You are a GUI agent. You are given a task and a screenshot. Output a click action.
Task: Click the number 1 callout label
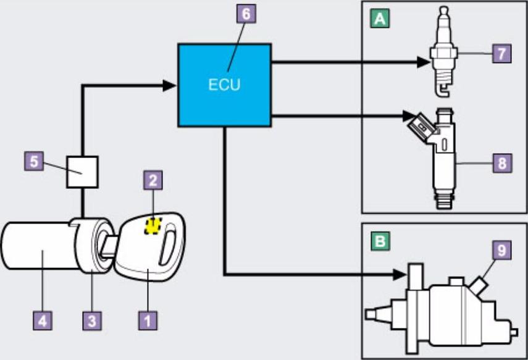tap(148, 320)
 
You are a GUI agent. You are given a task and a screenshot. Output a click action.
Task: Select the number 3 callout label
tap(91, 320)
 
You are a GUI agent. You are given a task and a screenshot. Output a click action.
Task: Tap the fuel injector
tap(443, 154)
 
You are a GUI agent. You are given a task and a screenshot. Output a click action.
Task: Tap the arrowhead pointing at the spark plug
tap(422, 61)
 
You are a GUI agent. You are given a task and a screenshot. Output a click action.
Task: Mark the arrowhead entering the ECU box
tap(172, 86)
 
